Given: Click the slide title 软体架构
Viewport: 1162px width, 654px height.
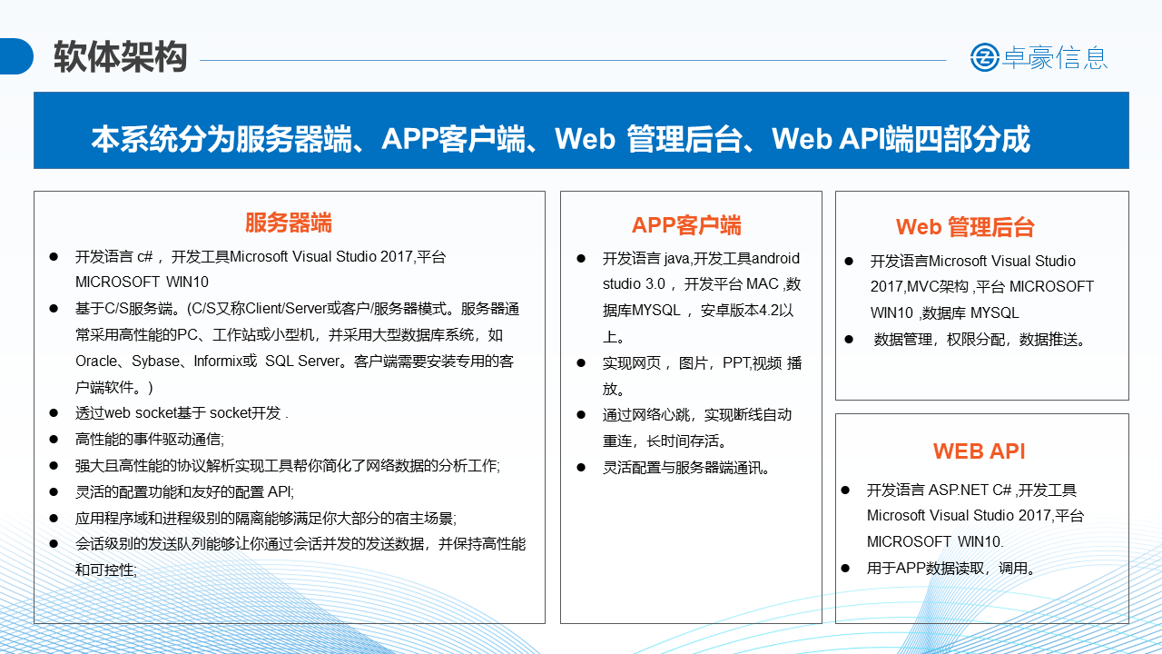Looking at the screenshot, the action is click(x=121, y=56).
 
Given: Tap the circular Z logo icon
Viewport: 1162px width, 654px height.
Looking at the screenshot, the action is click(x=985, y=57).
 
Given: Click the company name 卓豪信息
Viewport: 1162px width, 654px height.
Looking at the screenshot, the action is click(x=1055, y=57).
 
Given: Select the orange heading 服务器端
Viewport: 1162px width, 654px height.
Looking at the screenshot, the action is click(x=289, y=223).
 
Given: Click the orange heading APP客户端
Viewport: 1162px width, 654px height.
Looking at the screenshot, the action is click(x=686, y=225).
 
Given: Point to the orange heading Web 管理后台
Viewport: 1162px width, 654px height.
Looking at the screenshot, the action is click(x=965, y=227).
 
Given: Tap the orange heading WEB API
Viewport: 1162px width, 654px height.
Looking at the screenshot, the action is click(x=979, y=451).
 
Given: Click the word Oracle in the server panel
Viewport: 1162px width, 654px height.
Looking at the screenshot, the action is click(x=96, y=361).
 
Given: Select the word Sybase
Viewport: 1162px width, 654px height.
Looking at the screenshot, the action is click(x=155, y=361).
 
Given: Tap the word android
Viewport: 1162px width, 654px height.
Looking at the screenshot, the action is click(x=775, y=258).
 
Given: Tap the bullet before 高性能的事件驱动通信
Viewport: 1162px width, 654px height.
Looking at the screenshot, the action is click(x=54, y=440).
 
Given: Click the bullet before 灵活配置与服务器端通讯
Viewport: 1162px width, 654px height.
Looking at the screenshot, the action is click(x=581, y=468).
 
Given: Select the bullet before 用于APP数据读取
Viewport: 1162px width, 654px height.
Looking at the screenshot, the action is click(x=845, y=569).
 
